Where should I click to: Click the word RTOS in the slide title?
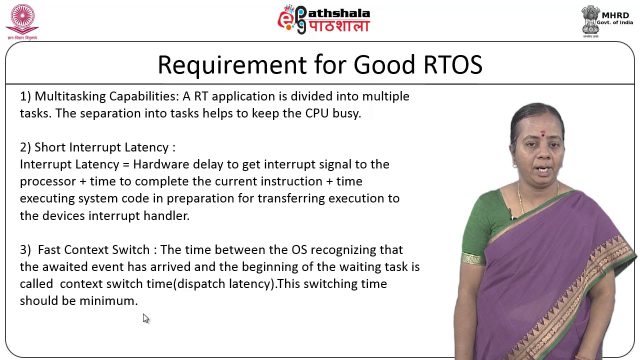452,65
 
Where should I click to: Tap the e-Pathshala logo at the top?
323,19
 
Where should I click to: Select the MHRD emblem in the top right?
591,20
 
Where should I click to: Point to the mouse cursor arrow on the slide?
145,318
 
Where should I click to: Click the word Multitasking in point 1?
70,96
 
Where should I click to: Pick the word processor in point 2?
47,181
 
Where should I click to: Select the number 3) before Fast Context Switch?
25,250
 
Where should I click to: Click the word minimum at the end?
107,301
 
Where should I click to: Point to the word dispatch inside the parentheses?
201,284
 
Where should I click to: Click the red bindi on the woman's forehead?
542,133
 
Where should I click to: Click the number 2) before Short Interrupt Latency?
25,147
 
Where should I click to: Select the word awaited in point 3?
65,267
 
